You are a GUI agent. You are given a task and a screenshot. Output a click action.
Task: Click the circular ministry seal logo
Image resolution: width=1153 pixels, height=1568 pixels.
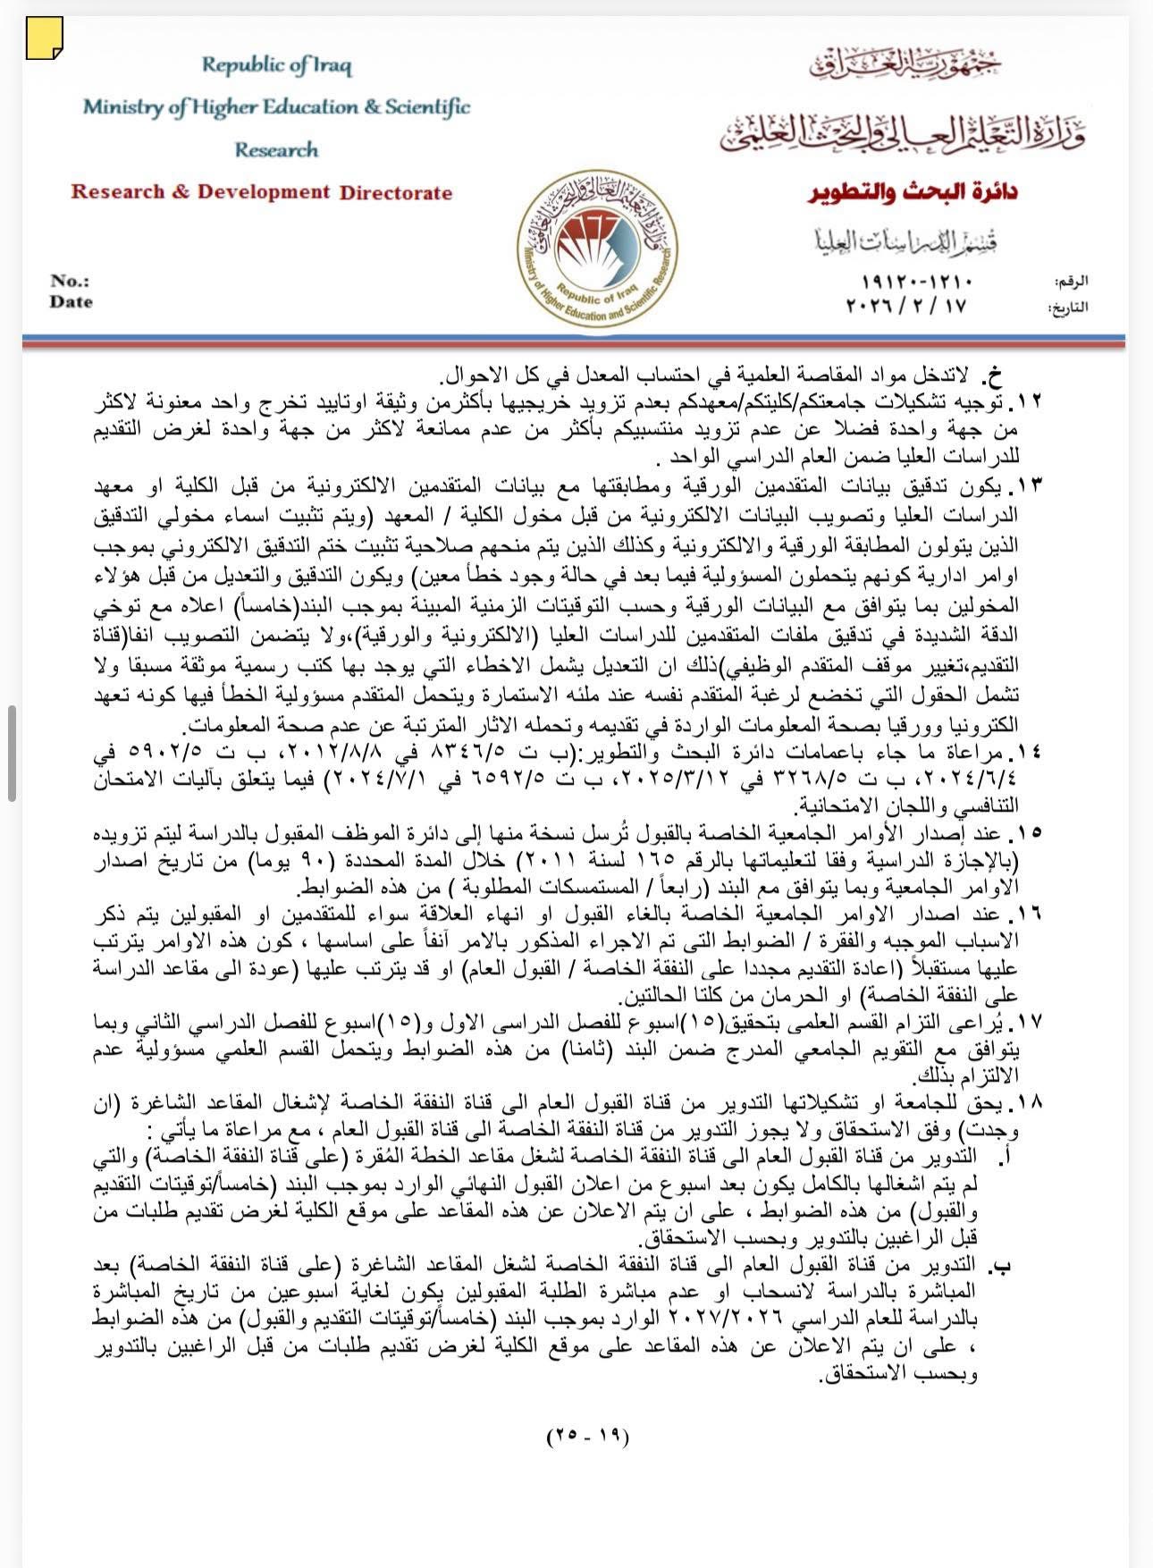click(x=597, y=249)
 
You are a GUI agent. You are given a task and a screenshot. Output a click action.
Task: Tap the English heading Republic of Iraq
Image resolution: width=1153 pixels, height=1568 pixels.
click(x=276, y=65)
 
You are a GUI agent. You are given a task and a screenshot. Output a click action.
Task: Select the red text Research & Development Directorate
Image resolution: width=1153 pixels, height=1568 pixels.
click(x=261, y=192)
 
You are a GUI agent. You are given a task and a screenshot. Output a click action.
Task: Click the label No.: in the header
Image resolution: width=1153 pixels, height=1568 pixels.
click(x=70, y=281)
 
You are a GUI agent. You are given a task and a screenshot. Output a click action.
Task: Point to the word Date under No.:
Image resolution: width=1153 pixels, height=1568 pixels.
click(x=71, y=302)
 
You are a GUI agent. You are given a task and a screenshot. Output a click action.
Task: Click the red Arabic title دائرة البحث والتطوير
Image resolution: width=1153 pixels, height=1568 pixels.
click(x=915, y=192)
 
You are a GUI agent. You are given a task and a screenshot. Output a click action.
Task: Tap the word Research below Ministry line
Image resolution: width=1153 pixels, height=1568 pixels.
click(x=276, y=149)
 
